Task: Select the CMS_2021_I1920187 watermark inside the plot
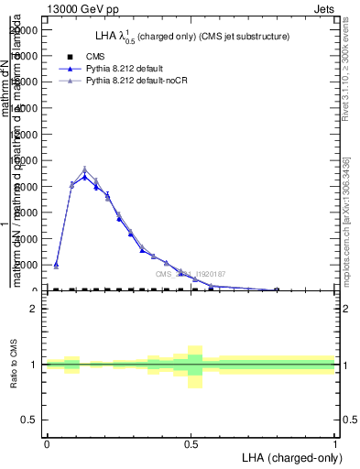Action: pos(190,274)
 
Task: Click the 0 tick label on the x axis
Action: pos(47,443)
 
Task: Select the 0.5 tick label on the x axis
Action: pos(191,443)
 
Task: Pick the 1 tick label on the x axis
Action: pos(335,443)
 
